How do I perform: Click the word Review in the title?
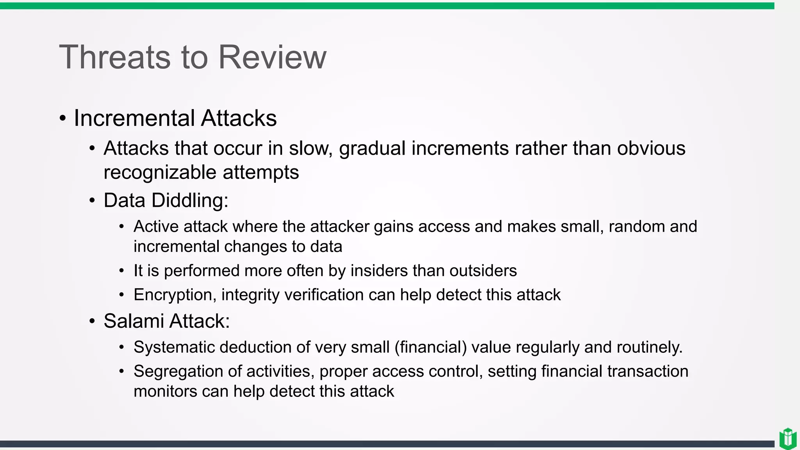tap(272, 57)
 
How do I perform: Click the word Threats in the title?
tap(114, 57)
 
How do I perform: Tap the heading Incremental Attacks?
tap(175, 118)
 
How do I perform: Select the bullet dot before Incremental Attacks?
tap(62, 118)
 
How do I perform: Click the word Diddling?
tap(190, 200)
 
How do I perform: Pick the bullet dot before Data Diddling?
tap(92, 201)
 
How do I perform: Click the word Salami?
tap(134, 321)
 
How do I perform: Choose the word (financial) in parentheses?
tap(430, 347)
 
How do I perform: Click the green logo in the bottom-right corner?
tap(787, 439)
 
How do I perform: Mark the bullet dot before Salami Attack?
tap(92, 321)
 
